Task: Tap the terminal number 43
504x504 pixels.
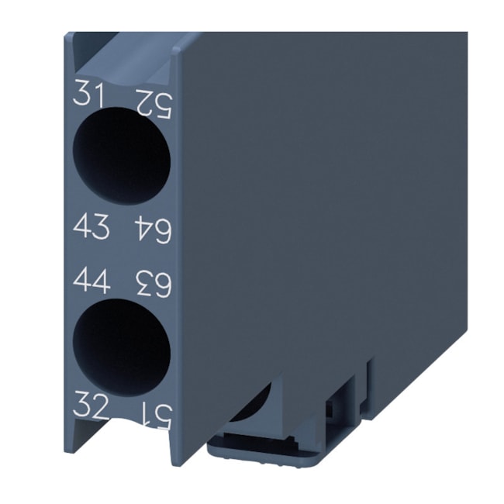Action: click(91, 227)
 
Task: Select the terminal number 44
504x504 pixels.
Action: click(91, 280)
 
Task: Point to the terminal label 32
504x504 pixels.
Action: click(91, 405)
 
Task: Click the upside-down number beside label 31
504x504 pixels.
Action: click(153, 101)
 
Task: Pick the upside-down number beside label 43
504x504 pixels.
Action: click(153, 230)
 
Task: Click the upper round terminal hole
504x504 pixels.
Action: click(121, 156)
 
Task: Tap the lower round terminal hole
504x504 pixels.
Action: click(121, 347)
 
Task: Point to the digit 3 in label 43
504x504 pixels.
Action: click(102, 227)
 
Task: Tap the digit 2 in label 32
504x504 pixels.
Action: click(102, 405)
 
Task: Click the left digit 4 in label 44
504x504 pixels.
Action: click(82, 280)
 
